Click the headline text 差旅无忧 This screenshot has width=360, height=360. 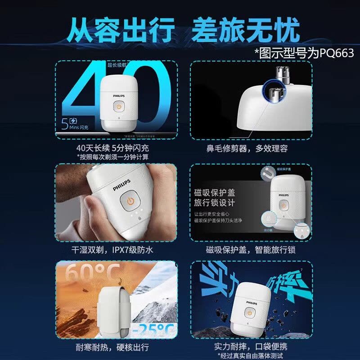click(246, 31)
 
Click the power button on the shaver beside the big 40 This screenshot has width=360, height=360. click(118, 107)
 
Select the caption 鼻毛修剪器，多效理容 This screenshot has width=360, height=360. click(253, 148)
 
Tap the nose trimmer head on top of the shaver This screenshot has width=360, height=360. click(281, 72)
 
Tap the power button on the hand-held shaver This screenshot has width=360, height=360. click(130, 201)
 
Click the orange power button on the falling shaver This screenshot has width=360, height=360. click(248, 312)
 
